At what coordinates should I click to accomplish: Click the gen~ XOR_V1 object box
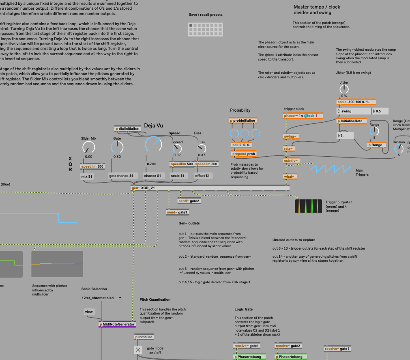[143, 188]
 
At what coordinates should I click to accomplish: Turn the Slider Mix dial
[89, 147]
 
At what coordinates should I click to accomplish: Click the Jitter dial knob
[344, 89]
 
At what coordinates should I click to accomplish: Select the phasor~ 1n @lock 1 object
[300, 116]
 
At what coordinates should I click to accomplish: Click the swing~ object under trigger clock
[290, 136]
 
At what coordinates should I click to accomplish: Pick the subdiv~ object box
[291, 161]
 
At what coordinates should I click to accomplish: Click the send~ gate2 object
[189, 201]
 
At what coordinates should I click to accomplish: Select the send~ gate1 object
[178, 212]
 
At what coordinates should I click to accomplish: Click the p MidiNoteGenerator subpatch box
[117, 324]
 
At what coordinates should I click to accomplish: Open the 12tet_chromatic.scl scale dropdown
[102, 297]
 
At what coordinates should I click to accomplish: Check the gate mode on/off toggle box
[138, 349]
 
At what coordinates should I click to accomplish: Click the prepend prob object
[244, 154]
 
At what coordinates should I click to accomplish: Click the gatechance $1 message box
[122, 176]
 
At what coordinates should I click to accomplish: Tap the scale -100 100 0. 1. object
[356, 102]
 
